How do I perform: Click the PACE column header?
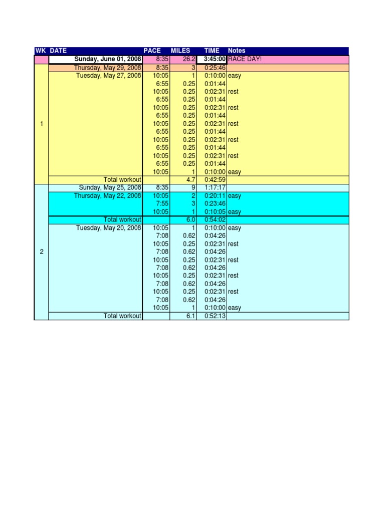pos(152,51)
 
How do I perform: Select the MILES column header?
pos(180,51)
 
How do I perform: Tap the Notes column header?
pos(237,51)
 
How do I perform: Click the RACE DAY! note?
pos(245,60)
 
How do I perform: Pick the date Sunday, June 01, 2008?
pos(108,60)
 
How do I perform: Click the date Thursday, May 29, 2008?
pos(107,68)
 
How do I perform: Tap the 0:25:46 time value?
pos(215,68)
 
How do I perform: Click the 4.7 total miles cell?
pos(190,180)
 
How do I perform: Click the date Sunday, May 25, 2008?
pos(110,187)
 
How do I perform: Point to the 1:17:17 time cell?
pos(215,187)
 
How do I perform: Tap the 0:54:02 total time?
pos(215,220)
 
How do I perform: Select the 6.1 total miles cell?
pos(190,316)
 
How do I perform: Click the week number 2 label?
pos(42,252)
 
